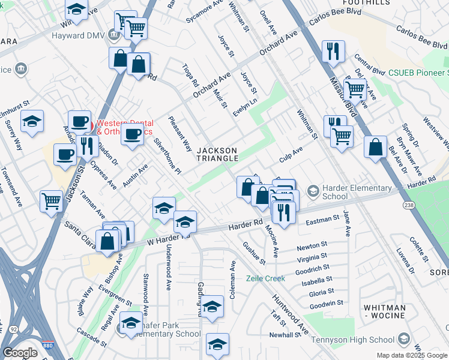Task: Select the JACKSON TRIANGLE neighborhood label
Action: (x=218, y=154)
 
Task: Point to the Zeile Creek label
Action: (x=265, y=278)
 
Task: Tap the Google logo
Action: (x=20, y=353)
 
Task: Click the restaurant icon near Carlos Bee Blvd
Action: (x=333, y=52)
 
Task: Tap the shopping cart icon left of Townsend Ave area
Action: (x=51, y=200)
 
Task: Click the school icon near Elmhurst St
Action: (x=32, y=121)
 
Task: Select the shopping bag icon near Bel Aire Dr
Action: (x=375, y=147)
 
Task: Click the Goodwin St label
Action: (x=327, y=303)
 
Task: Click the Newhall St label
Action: (x=284, y=335)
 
